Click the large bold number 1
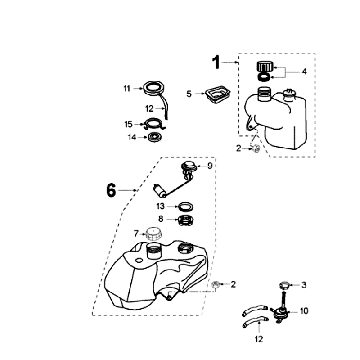(x=217, y=63)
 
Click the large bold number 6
(x=111, y=191)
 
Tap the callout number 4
(x=304, y=72)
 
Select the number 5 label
(x=189, y=94)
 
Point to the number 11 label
(x=127, y=88)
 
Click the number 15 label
(x=128, y=124)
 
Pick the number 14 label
(x=132, y=137)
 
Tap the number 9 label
(x=210, y=166)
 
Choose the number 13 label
(x=160, y=207)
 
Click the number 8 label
(x=161, y=220)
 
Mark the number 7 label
(x=136, y=234)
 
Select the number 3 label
(x=304, y=285)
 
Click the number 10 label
(x=304, y=311)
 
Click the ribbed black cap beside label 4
(x=265, y=67)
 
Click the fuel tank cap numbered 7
(x=154, y=234)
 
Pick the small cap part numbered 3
(x=284, y=286)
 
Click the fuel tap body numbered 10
(x=279, y=313)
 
